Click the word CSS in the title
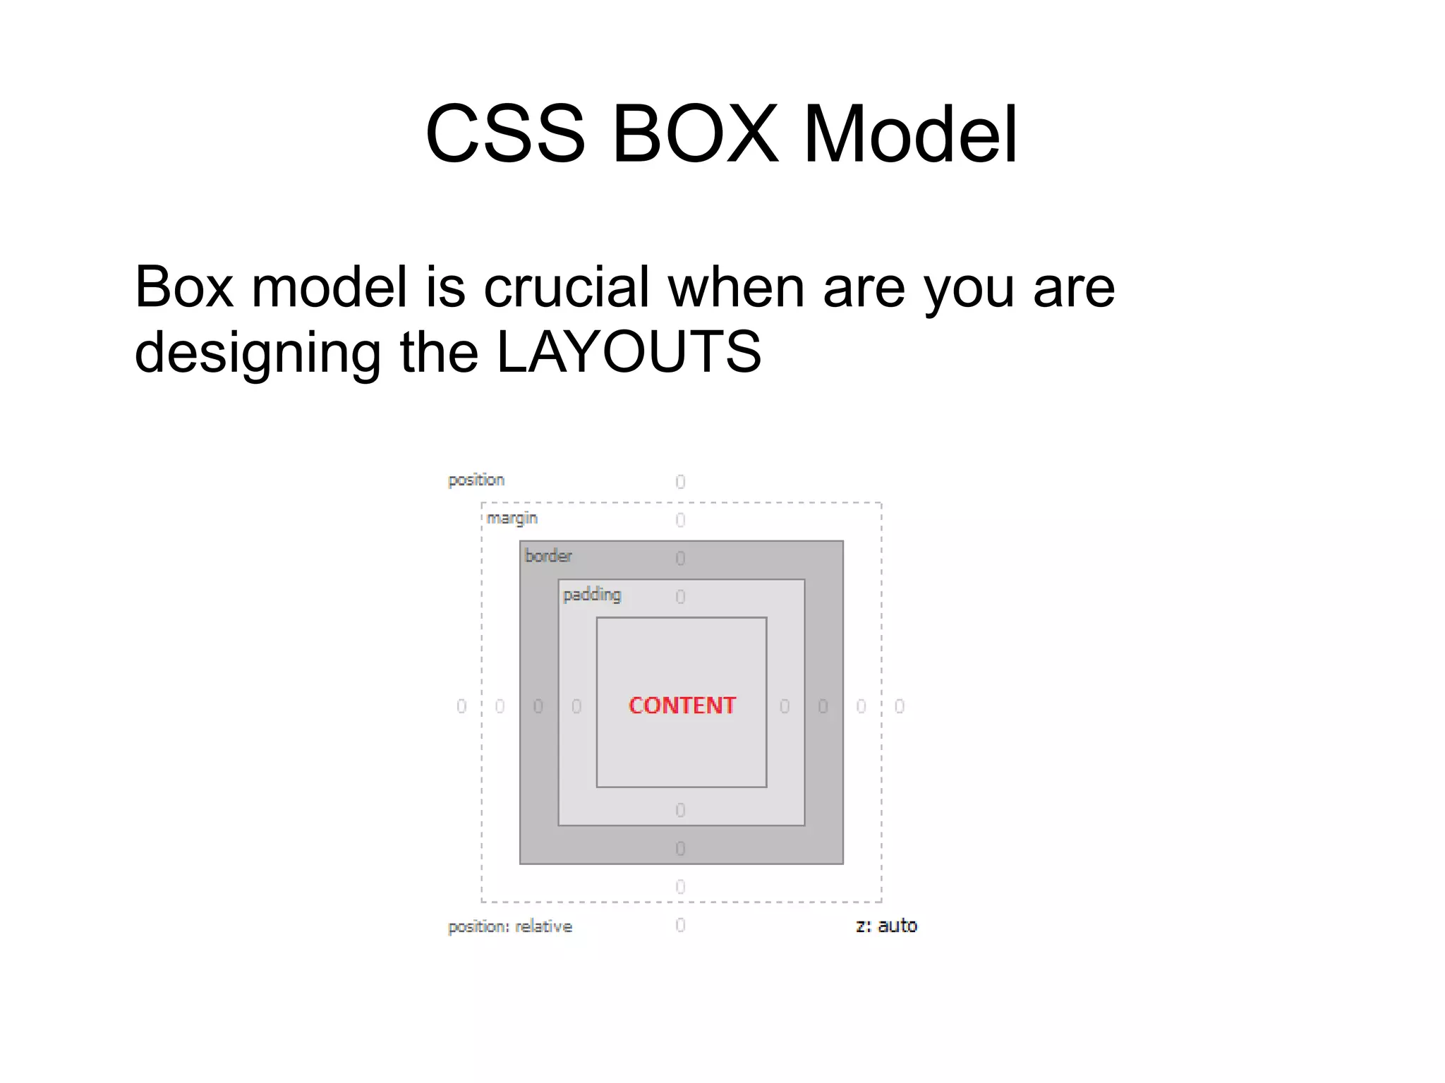click(x=505, y=134)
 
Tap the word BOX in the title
click(x=695, y=134)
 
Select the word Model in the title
click(x=910, y=134)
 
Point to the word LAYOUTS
click(x=629, y=352)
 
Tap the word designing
click(x=258, y=353)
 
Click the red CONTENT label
click(x=682, y=706)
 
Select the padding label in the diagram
click(x=592, y=595)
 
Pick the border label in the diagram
click(x=548, y=556)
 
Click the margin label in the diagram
click(x=512, y=518)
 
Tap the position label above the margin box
click(x=476, y=480)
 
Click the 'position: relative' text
click(x=510, y=926)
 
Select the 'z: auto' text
click(x=886, y=926)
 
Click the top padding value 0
click(x=680, y=597)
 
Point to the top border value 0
click(x=680, y=558)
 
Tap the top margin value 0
click(x=680, y=520)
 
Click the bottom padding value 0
click(x=680, y=810)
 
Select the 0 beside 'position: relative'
click(x=680, y=925)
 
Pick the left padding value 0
click(x=576, y=706)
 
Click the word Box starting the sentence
click(x=183, y=287)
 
